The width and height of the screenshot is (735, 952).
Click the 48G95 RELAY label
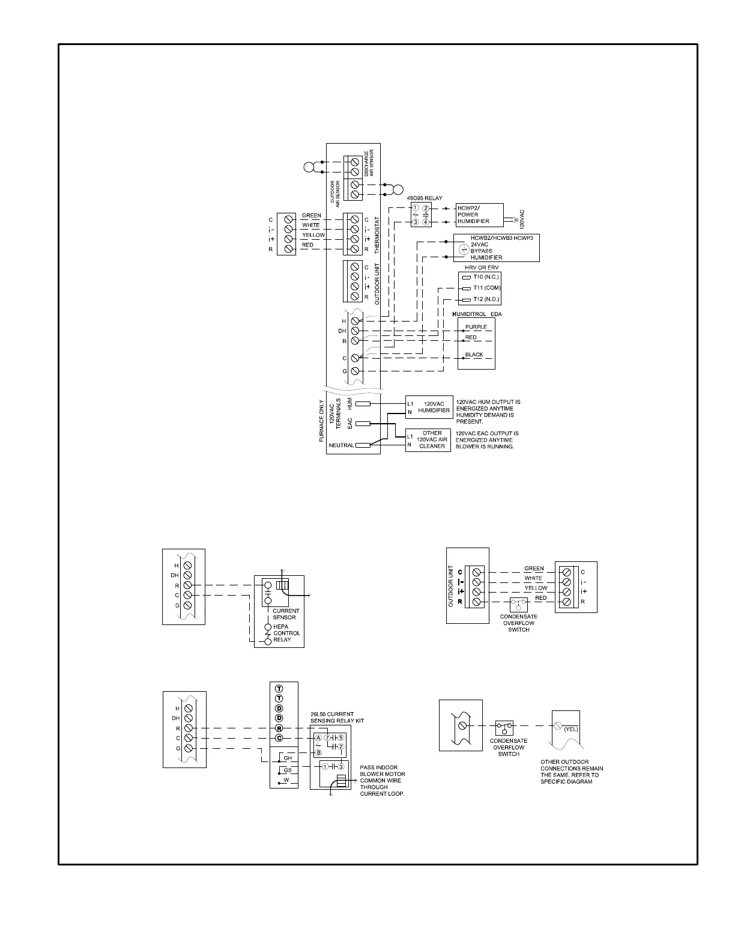coord(425,198)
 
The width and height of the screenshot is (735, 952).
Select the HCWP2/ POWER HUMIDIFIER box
coord(479,215)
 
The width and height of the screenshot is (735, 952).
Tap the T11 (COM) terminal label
coord(486,288)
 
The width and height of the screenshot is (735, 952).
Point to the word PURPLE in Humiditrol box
coord(476,327)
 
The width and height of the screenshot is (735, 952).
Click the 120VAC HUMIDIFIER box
coord(428,407)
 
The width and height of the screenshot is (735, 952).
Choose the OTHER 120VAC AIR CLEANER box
coord(428,439)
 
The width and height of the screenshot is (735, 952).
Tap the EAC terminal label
coord(350,423)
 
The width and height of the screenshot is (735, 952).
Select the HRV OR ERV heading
coord(482,267)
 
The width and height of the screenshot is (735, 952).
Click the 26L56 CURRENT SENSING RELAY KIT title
coord(337,717)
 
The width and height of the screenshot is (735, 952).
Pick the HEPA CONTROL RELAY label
coord(286,633)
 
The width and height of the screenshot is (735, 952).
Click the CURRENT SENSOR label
coord(285,614)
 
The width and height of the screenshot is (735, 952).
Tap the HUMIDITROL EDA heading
coord(476,314)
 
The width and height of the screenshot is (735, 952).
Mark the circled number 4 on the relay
coord(426,222)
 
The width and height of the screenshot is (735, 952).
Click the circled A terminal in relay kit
coord(318,737)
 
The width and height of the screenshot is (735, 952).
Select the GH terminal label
coord(288,758)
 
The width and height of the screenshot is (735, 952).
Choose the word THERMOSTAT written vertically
coord(377,234)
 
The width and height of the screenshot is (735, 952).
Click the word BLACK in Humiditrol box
coord(474,355)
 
